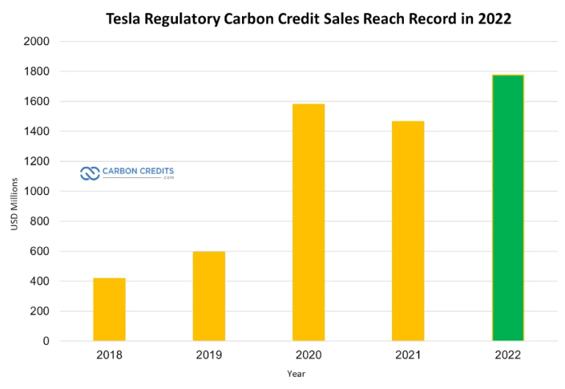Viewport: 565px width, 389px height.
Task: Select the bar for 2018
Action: [x=109, y=310]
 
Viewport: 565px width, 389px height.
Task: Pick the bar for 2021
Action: [x=408, y=231]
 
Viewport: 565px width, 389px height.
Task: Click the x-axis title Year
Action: [x=296, y=374]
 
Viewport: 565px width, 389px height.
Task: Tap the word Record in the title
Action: [x=433, y=18]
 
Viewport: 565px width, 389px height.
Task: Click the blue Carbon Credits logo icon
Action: [x=89, y=174]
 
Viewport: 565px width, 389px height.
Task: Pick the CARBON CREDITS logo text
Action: [x=138, y=172]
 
